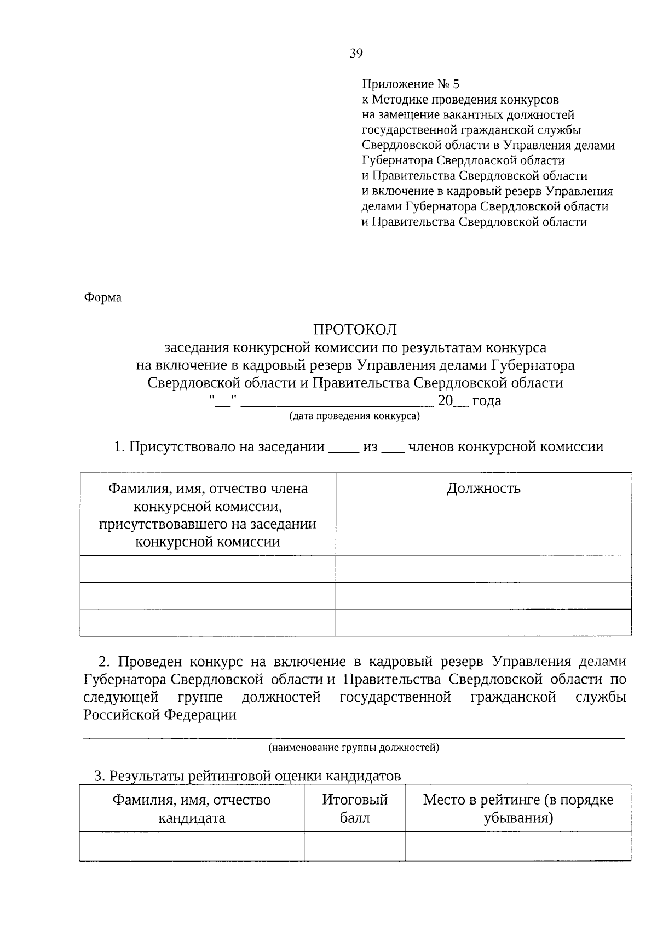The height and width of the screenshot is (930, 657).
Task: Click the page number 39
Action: pos(356,53)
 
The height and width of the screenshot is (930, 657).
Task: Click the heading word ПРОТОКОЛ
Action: pos(355,330)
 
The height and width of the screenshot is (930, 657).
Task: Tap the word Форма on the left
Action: pos(102,298)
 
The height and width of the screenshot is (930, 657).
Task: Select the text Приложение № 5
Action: pos(411,84)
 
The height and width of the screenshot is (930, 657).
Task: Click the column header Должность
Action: pos(483,489)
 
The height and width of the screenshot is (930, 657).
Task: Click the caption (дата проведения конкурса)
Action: pos(354,416)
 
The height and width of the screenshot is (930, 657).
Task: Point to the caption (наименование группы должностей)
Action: pos(353,747)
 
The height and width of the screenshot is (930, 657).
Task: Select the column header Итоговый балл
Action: pos(354,809)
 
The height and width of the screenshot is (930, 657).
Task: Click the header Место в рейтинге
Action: pos(517,809)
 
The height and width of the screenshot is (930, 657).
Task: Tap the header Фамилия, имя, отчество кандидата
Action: pos(192,809)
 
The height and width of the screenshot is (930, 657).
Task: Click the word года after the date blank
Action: pos(486,401)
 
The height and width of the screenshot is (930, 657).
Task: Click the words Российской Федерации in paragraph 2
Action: pos(160,715)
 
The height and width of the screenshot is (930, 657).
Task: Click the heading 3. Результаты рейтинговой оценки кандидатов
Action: pos(247,776)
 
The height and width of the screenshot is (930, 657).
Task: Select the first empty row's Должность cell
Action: pos(483,569)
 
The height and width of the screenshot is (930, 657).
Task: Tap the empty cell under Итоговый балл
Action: pos(354,846)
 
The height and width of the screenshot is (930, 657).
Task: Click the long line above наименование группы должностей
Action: pos(353,739)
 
